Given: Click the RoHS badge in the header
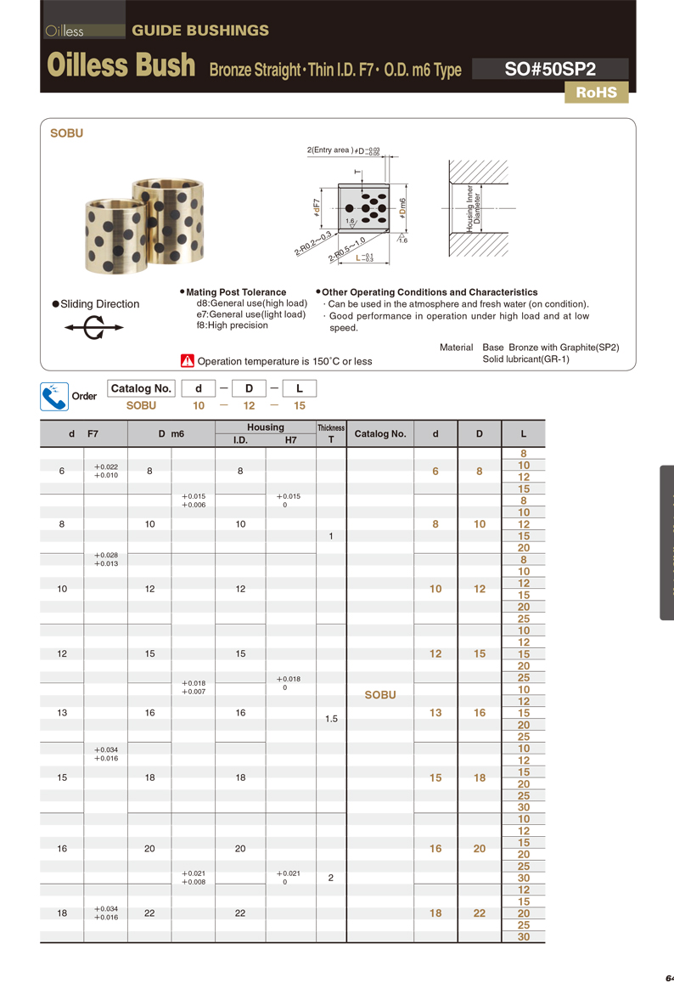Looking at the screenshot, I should [x=596, y=93].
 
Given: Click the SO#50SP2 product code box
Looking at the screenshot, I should [x=549, y=69].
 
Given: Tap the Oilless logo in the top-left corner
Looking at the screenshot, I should [x=65, y=31].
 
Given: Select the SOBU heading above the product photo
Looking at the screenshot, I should [x=66, y=133].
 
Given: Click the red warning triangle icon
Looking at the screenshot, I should [x=188, y=360].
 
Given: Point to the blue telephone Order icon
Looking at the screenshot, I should [x=54, y=396].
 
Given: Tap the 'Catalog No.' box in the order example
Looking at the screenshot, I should [x=141, y=388].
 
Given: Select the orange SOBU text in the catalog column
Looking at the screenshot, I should [x=380, y=694].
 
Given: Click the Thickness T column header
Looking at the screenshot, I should [x=331, y=433].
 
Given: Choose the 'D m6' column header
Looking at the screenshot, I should [x=171, y=433].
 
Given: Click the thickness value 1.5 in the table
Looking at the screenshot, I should [x=331, y=719].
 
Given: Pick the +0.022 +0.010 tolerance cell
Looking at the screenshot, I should [x=106, y=472].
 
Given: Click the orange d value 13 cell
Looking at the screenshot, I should [x=435, y=713].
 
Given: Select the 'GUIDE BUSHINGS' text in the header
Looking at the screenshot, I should [x=200, y=31].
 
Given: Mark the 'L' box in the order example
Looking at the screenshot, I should [x=299, y=388].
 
